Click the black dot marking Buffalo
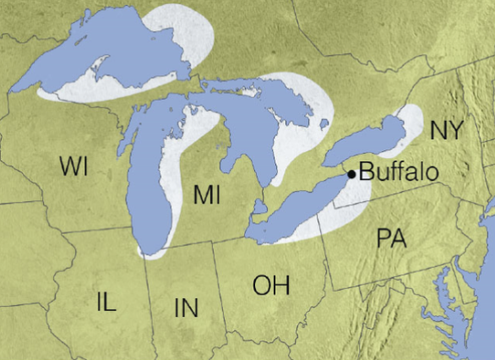[351, 174]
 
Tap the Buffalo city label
[399, 172]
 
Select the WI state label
[74, 166]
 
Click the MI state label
[206, 194]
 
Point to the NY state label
[446, 130]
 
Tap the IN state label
[187, 308]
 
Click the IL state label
[107, 301]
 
